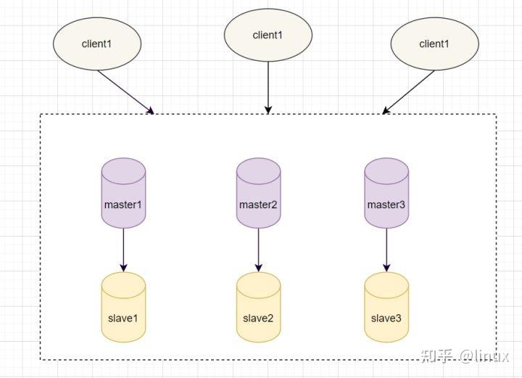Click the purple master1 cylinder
tap(123, 194)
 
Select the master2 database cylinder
tap(258, 194)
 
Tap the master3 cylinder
tap(384, 194)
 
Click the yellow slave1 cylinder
tap(123, 308)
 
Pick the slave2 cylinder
tap(258, 308)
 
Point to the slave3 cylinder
tap(384, 308)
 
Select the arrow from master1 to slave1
tap(123, 250)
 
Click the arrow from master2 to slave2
tap(258, 250)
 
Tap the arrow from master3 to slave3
tap(384, 250)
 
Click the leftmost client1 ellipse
tap(97, 44)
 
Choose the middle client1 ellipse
tap(268, 35)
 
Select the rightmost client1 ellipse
tap(434, 44)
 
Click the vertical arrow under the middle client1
tap(268, 87)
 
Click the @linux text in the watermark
tap(484, 356)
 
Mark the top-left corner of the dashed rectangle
tap(41, 114)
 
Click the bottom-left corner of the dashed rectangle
tap(41, 359)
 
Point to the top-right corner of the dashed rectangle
tap(497, 114)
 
